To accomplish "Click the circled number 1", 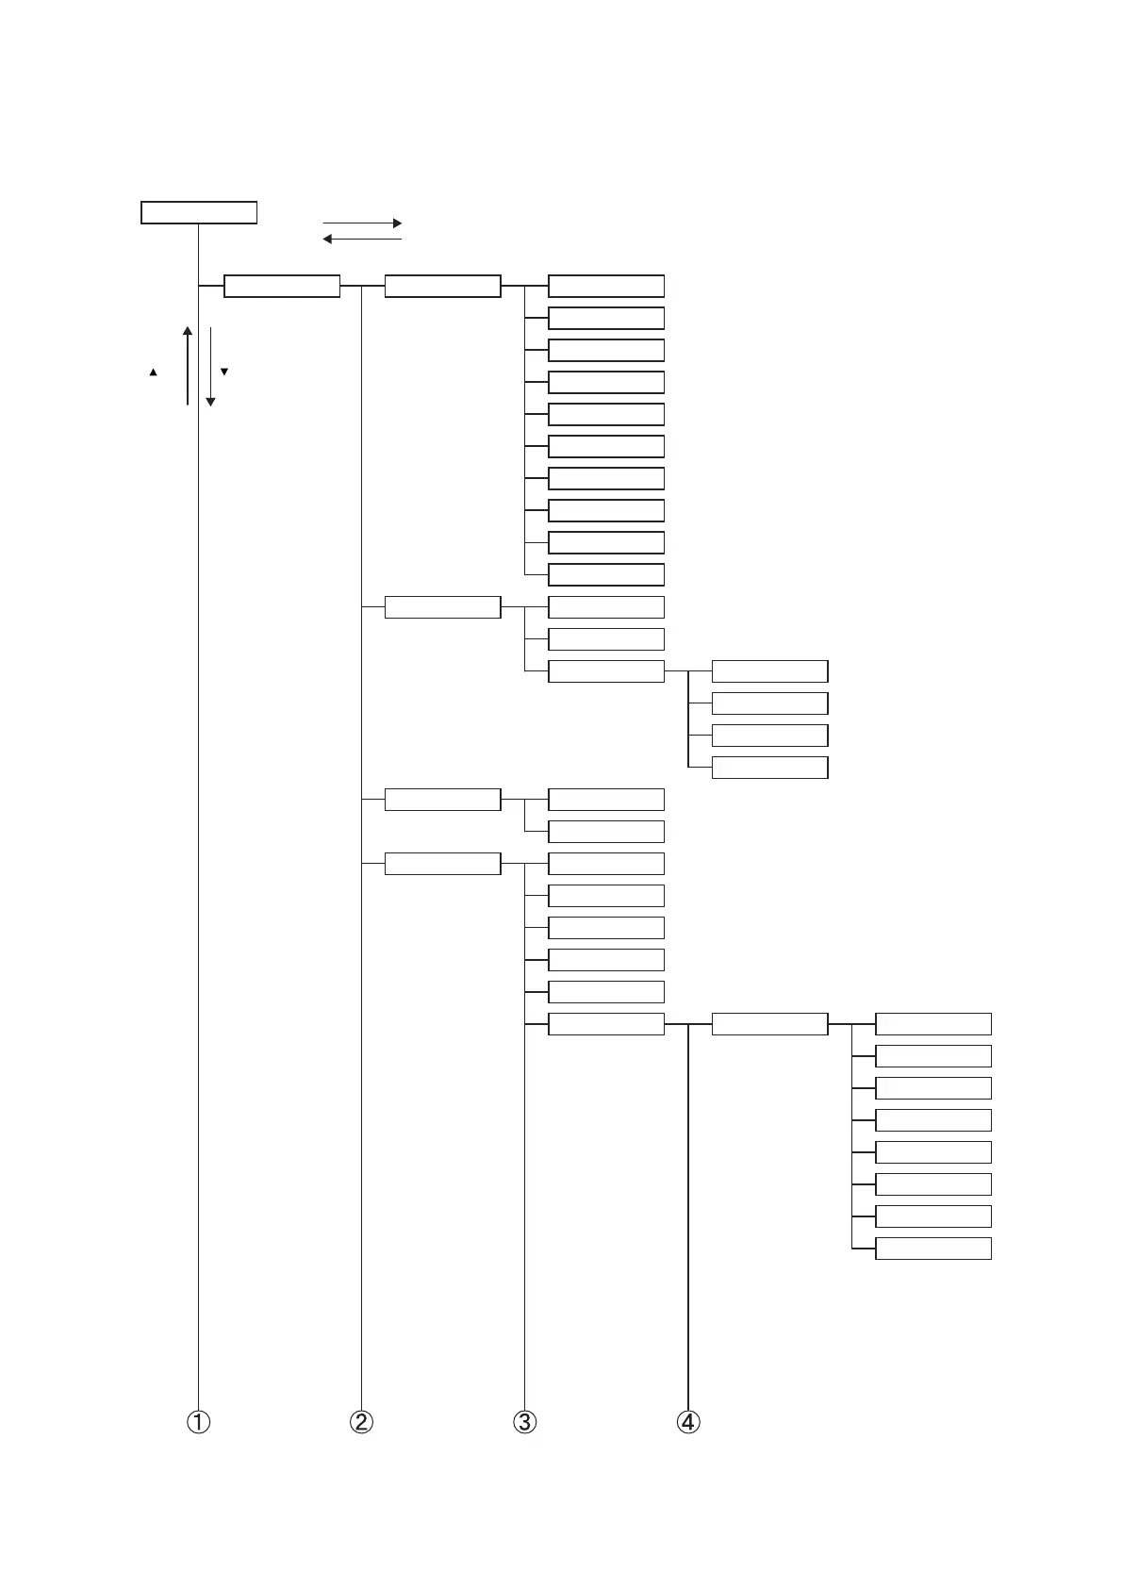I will click(198, 1422).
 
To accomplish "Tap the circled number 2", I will click(361, 1422).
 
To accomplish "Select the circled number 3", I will click(524, 1422).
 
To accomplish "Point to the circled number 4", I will click(688, 1422).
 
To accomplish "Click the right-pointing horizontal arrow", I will click(362, 223).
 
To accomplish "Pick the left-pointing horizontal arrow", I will click(362, 240).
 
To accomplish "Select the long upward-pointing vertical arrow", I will click(188, 366).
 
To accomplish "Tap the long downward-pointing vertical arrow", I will click(210, 366).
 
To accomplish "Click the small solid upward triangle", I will click(153, 373).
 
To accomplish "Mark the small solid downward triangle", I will click(224, 372).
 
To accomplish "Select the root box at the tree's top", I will click(199, 212).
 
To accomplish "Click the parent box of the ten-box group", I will click(442, 286).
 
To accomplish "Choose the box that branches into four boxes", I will click(605, 671).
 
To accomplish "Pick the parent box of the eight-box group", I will click(769, 1024).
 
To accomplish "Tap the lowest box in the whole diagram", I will click(932, 1249).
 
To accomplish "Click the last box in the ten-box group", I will click(605, 574).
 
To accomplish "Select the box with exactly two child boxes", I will click(442, 800).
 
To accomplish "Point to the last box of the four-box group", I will click(769, 768).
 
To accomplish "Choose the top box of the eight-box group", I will click(932, 1024).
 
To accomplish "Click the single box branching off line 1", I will click(281, 286).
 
